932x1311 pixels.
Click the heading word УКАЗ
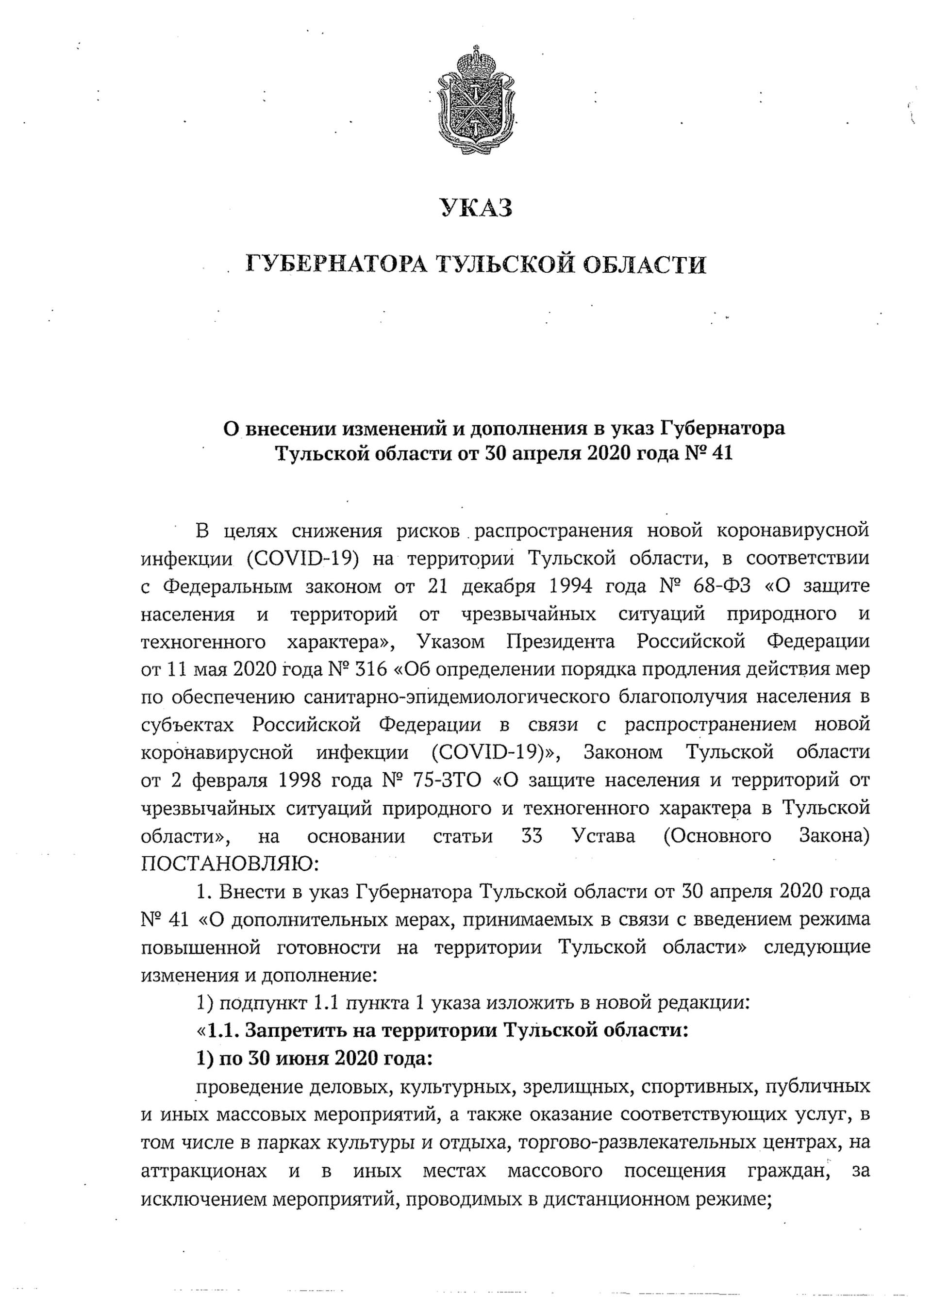coord(476,208)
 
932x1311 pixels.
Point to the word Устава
coord(604,836)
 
